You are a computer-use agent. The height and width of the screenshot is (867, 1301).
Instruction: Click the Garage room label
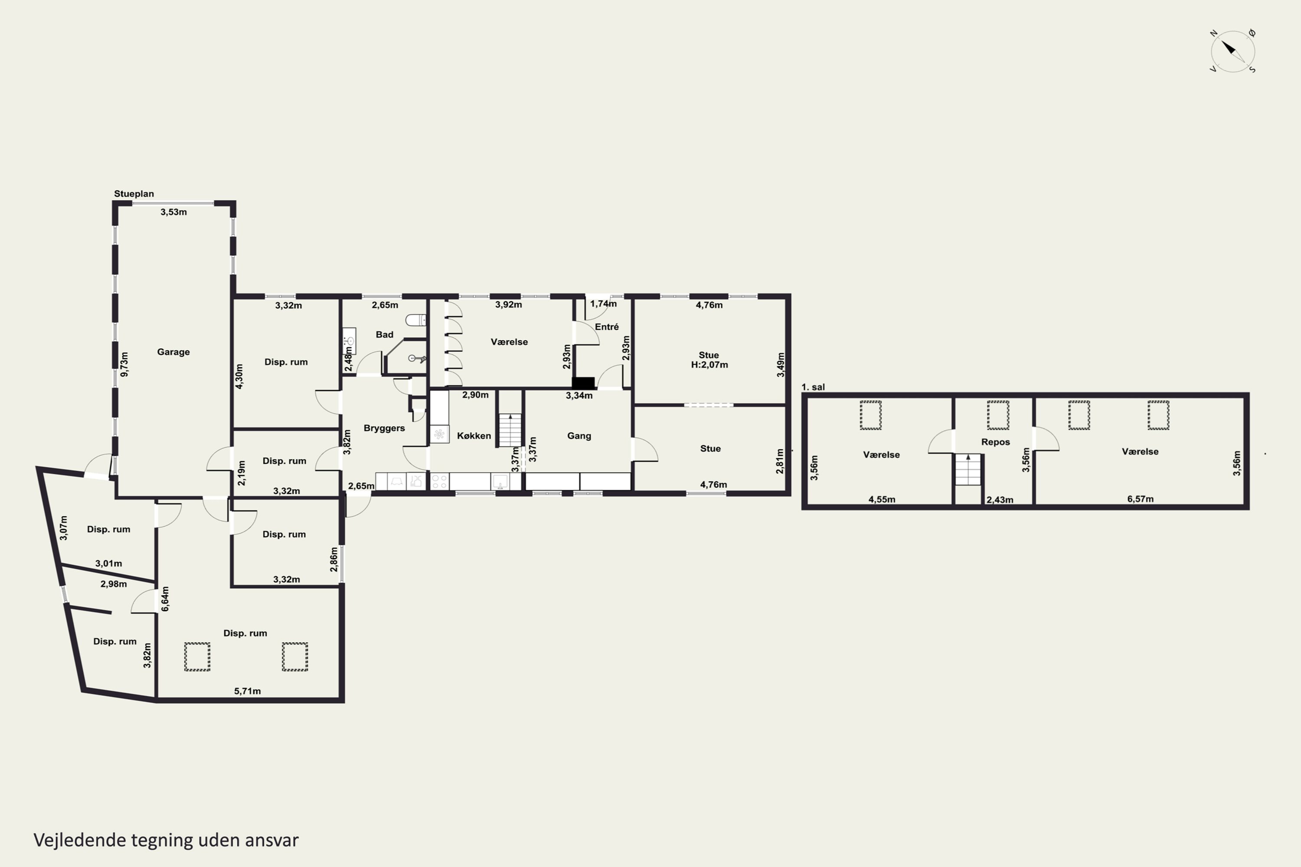173,352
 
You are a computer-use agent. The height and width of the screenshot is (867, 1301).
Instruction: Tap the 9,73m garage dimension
124,365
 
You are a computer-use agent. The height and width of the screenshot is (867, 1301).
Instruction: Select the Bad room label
384,335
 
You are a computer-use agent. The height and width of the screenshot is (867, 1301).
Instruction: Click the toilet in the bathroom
416,319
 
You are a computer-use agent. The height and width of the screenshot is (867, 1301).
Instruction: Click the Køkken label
474,436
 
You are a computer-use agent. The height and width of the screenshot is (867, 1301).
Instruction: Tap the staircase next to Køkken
510,430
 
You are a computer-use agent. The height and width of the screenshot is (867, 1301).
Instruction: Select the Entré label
607,327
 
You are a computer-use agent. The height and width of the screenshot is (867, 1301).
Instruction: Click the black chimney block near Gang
582,383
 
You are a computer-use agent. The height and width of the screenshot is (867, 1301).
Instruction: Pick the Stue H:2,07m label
709,360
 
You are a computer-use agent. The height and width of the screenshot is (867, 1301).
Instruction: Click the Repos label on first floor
995,442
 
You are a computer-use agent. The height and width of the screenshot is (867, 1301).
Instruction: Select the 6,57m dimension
1140,499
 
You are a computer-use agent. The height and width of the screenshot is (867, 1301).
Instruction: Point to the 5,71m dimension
247,691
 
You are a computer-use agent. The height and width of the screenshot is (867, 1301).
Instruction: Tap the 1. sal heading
813,387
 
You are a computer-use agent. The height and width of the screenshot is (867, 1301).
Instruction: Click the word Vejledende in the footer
80,841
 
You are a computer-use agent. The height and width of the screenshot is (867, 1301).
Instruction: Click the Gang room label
579,436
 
